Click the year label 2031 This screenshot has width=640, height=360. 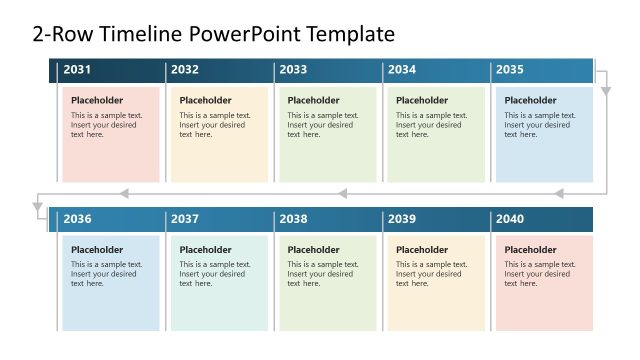point(77,70)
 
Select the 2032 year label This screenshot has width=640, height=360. point(185,70)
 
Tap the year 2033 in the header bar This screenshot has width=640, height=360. point(293,70)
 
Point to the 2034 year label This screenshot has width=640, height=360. point(402,70)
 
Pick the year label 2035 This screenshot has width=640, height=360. point(510,70)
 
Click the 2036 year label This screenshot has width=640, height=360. point(77,219)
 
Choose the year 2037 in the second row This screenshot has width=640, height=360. point(185,219)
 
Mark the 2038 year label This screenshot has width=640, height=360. point(293,219)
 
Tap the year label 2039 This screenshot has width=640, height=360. point(402,219)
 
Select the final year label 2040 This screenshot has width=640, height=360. point(510,219)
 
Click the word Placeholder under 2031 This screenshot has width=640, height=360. point(97,100)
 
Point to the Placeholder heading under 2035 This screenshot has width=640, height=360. point(530,100)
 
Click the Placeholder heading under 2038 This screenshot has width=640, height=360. point(314,250)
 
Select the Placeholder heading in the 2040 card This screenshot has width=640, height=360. point(530,250)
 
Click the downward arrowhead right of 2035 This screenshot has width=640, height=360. point(606,91)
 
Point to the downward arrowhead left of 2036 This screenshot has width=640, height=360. point(38,210)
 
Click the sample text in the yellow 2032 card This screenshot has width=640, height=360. point(214,125)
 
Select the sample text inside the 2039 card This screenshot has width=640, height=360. point(431,274)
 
